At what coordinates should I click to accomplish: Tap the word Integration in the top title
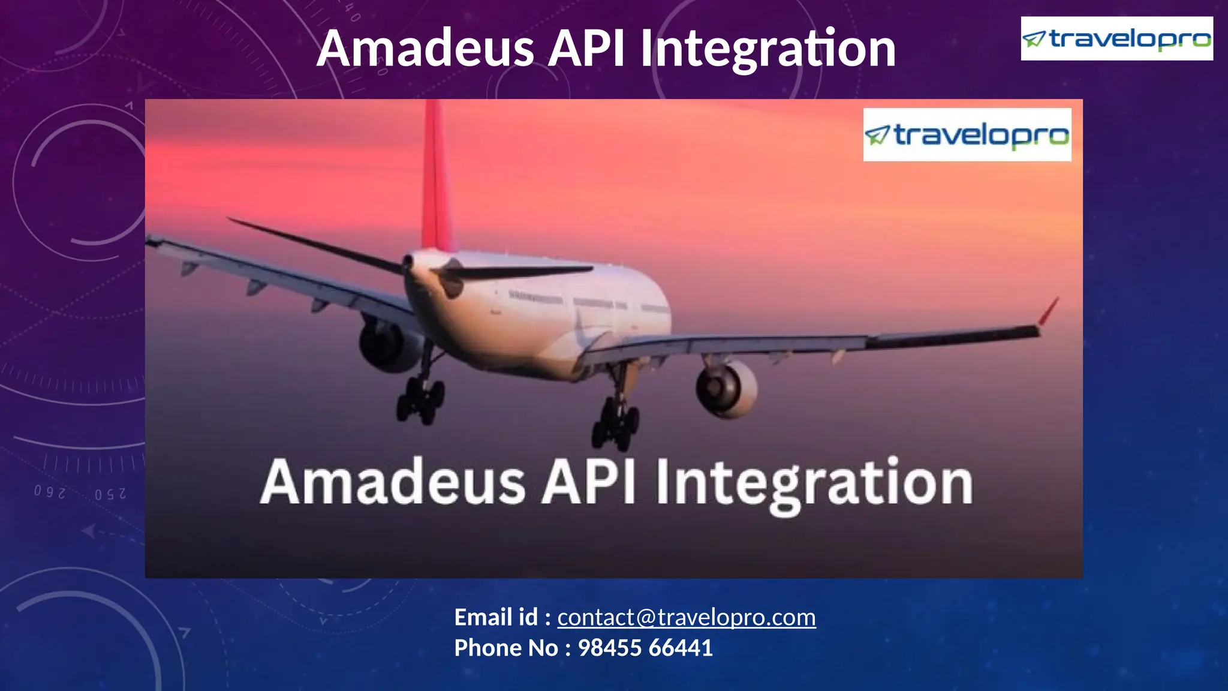[x=768, y=49]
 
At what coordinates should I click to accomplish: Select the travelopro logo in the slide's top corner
[x=1116, y=39]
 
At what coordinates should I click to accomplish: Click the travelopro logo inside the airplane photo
[x=967, y=135]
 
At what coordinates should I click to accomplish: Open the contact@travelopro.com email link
[x=687, y=617]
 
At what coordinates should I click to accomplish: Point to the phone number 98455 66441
[x=645, y=648]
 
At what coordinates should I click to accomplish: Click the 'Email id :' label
[x=502, y=617]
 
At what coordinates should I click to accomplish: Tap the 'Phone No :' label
[x=513, y=648]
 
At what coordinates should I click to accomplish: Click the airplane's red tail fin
[x=436, y=180]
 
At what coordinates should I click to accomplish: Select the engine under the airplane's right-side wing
[x=726, y=388]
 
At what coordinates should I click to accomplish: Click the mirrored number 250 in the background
[x=110, y=494]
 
